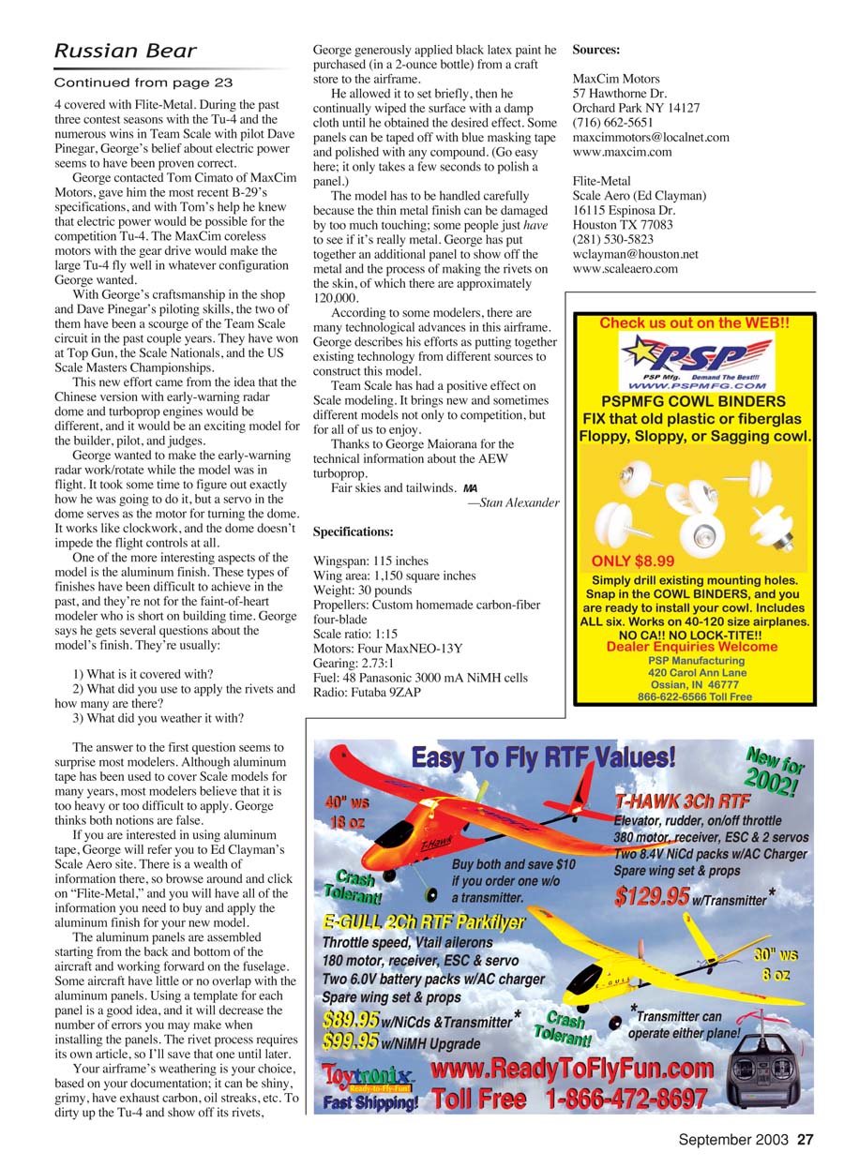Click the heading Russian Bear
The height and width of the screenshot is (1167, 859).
coord(125,51)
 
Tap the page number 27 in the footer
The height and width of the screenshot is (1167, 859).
coord(806,1141)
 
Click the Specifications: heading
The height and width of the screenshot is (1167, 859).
coord(353,531)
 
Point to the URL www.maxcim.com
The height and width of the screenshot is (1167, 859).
coord(622,152)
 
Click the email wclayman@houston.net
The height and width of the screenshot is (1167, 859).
coord(635,254)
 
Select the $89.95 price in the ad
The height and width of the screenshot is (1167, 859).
coord(351,1019)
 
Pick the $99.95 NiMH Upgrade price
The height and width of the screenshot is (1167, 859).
coord(351,1040)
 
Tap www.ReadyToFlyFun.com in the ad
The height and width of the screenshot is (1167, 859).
coord(572,1069)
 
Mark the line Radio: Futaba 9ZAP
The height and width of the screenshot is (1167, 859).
coord(367,693)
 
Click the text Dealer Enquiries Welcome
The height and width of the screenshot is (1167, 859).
coord(692,646)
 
